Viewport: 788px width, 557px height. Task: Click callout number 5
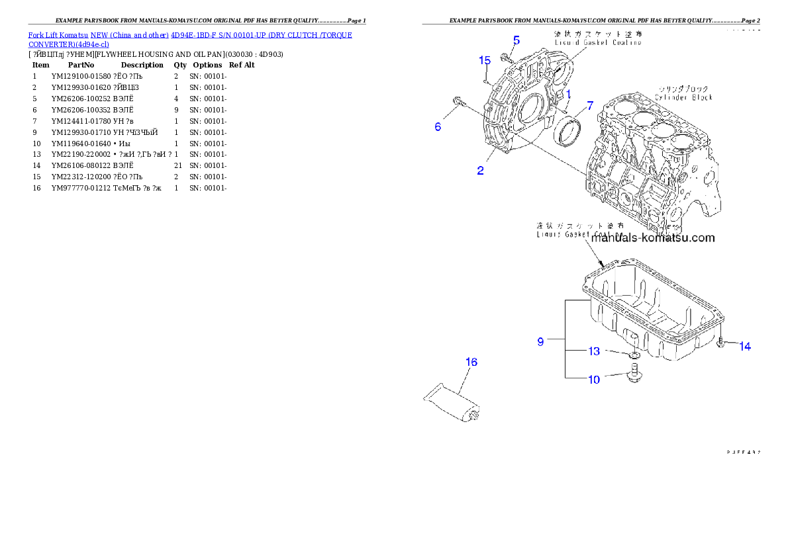pyautogui.click(x=516, y=40)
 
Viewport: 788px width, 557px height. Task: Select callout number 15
pyautogui.click(x=485, y=61)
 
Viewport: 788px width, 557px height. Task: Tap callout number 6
pyautogui.click(x=438, y=126)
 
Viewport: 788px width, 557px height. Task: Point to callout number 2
pyautogui.click(x=480, y=171)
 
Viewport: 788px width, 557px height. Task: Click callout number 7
pyautogui.click(x=589, y=107)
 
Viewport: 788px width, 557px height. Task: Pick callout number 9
pyautogui.click(x=540, y=341)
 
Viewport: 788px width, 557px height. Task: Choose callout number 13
pyautogui.click(x=594, y=351)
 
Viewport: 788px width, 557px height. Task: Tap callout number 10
pyautogui.click(x=594, y=379)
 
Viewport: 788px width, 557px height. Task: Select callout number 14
pyautogui.click(x=745, y=346)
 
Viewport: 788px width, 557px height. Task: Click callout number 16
pyautogui.click(x=471, y=362)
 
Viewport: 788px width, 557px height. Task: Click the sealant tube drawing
pyautogui.click(x=452, y=403)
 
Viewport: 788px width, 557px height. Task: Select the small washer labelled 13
pyautogui.click(x=634, y=357)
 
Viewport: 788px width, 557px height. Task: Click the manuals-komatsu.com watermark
pyautogui.click(x=653, y=238)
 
